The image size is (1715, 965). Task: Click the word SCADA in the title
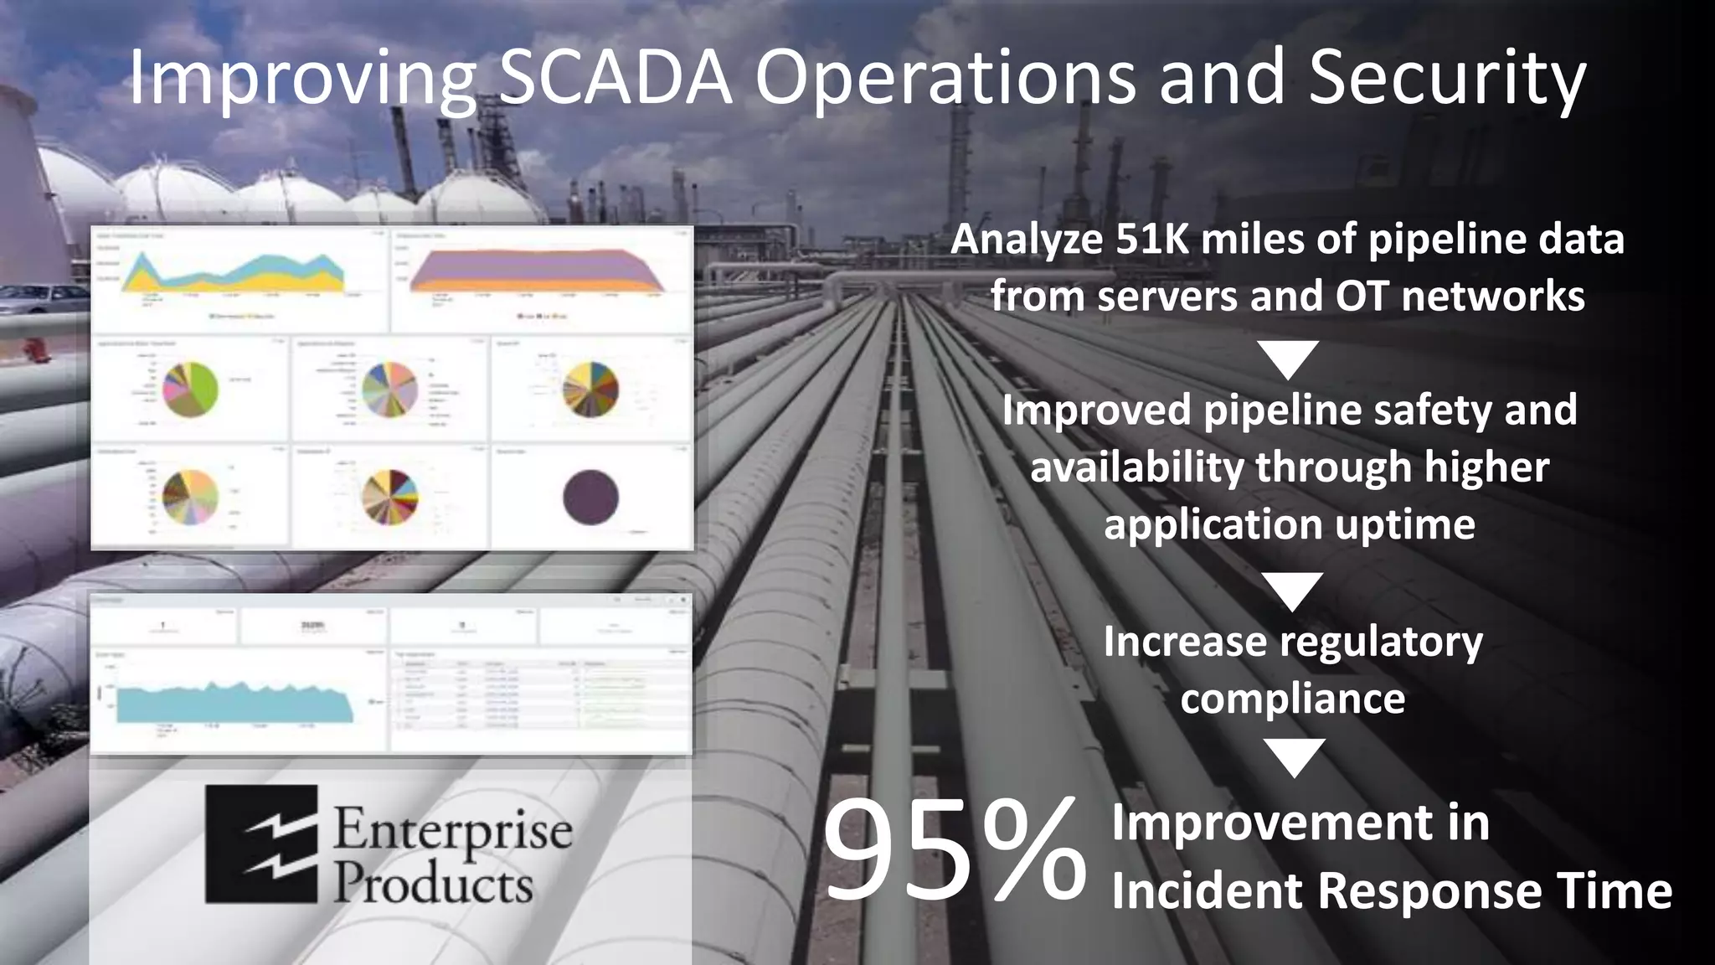pyautogui.click(x=615, y=78)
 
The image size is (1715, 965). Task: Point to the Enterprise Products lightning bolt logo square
pyautogui.click(x=261, y=844)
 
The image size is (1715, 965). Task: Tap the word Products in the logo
pyautogui.click(x=433, y=885)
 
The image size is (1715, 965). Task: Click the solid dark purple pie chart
pyautogui.click(x=591, y=498)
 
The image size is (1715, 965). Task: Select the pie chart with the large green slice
pyautogui.click(x=190, y=390)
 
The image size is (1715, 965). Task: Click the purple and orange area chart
pyautogui.click(x=537, y=272)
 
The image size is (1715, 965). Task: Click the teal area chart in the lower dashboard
pyautogui.click(x=234, y=702)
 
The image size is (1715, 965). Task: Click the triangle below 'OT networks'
pyautogui.click(x=1289, y=359)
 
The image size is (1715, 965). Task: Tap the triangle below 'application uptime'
pyautogui.click(x=1293, y=591)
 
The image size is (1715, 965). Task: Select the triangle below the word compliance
pyautogui.click(x=1294, y=756)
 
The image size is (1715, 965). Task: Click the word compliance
pyautogui.click(x=1292, y=699)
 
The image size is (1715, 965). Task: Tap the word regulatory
pyautogui.click(x=1380, y=642)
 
